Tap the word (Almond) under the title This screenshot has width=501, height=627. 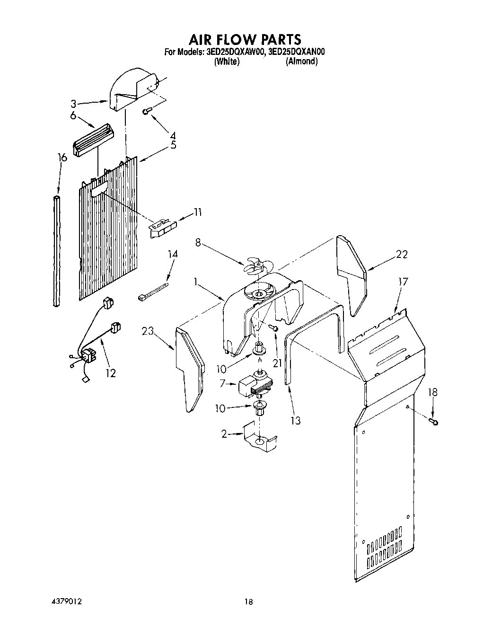click(x=301, y=62)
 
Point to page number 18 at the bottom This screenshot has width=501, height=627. click(x=249, y=602)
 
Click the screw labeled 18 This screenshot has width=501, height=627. click(x=433, y=421)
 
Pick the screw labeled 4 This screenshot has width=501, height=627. click(x=147, y=111)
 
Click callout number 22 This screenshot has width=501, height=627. click(x=402, y=254)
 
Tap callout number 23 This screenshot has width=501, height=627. click(x=148, y=331)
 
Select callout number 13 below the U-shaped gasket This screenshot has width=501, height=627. click(x=296, y=420)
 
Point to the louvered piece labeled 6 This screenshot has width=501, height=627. click(x=94, y=141)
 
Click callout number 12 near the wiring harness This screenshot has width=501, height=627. click(x=110, y=373)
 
